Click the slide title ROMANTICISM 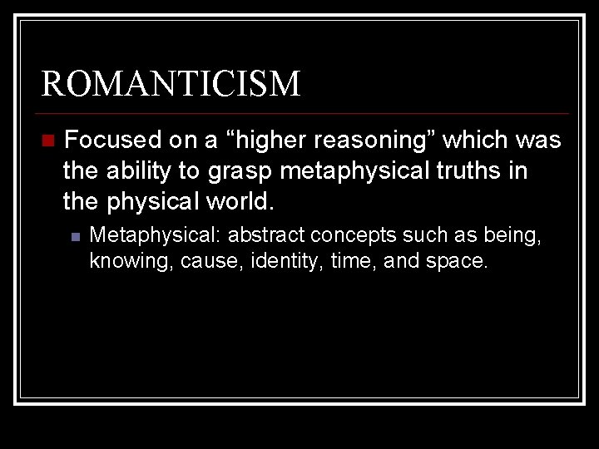tap(171, 85)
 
